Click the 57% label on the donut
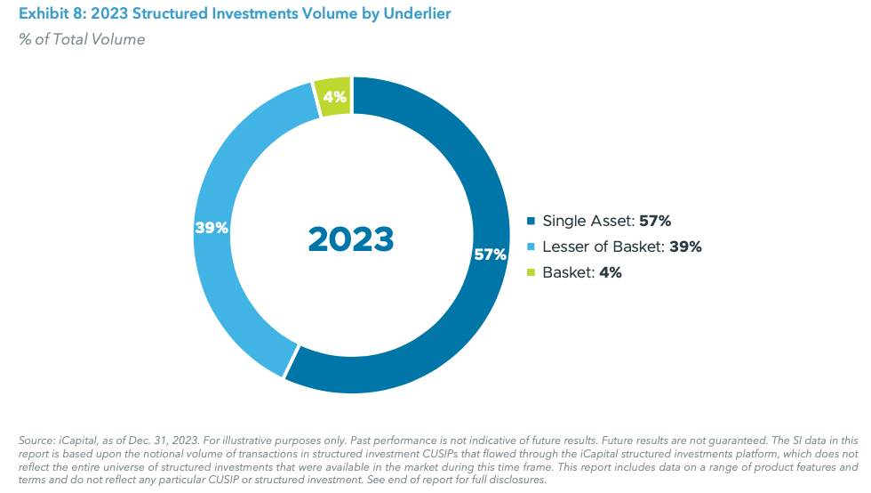(x=490, y=255)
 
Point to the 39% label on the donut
(x=212, y=228)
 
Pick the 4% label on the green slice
(x=335, y=97)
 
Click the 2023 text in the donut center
(x=351, y=238)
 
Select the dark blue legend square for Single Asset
(x=531, y=222)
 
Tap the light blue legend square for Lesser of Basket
(x=531, y=247)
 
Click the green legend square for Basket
(x=531, y=273)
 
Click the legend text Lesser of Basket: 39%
(x=622, y=247)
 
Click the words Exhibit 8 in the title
(x=45, y=15)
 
